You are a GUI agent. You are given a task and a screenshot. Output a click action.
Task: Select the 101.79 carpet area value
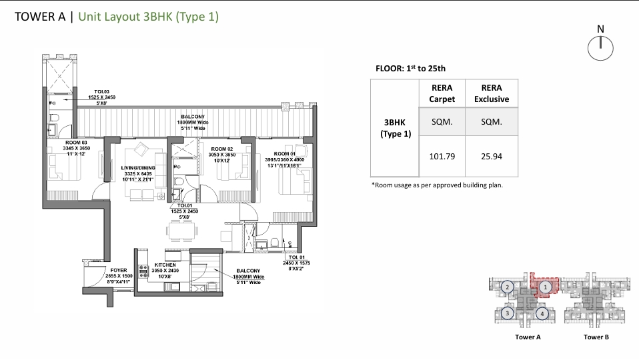442,157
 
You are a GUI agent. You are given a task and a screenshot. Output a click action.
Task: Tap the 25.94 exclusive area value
491,157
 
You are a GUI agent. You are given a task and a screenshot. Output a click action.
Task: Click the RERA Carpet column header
442,93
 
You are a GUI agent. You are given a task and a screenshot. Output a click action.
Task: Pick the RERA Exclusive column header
491,93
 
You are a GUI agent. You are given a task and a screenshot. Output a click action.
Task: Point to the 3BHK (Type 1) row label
396,128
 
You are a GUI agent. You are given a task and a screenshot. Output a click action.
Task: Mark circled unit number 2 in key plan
508,287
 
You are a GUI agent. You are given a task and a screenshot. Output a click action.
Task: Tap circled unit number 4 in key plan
543,313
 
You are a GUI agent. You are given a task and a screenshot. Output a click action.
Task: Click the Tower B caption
596,337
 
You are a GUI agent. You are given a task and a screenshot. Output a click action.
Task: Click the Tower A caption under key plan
528,337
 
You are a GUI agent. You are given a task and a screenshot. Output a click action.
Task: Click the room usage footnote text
436,185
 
